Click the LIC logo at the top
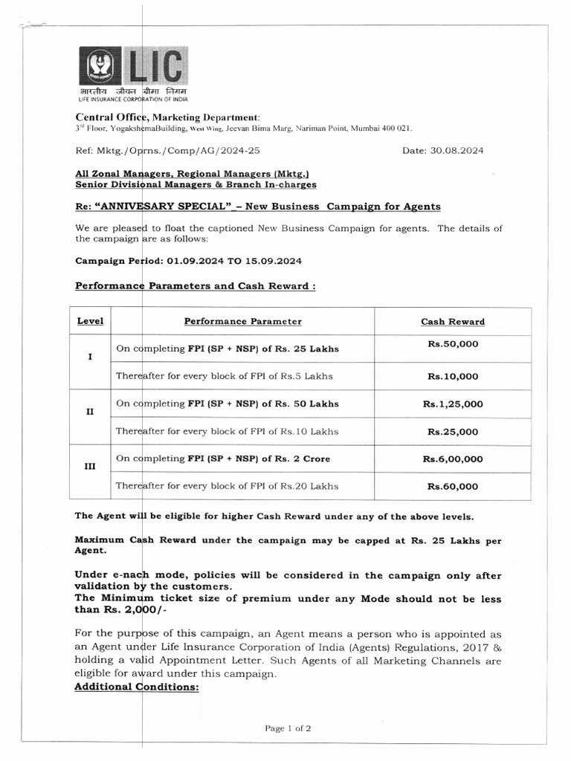click(135, 72)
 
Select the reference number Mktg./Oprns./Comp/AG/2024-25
click(168, 150)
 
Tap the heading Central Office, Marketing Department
click(168, 117)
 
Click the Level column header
click(91, 321)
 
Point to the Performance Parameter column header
click(243, 321)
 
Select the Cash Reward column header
click(453, 322)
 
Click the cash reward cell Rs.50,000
click(453, 345)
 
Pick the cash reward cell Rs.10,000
click(453, 377)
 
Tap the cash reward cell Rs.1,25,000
click(453, 404)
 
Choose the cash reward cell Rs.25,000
click(453, 432)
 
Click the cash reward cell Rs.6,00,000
click(453, 459)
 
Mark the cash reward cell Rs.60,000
click(453, 487)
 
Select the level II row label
click(90, 412)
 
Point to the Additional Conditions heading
click(137, 687)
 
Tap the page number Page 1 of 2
click(288, 728)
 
